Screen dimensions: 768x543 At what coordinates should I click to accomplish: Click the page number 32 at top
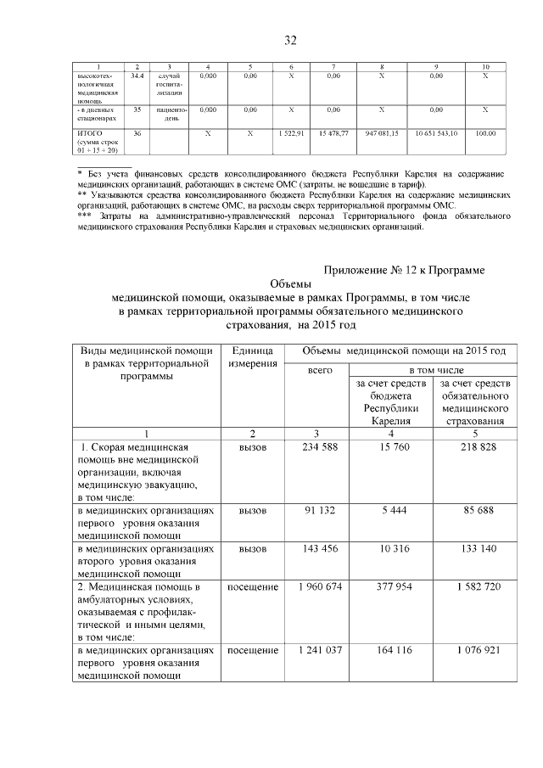point(290,40)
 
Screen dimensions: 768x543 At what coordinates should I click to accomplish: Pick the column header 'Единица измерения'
point(252,356)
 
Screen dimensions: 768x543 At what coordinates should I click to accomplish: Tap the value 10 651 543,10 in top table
point(436,134)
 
